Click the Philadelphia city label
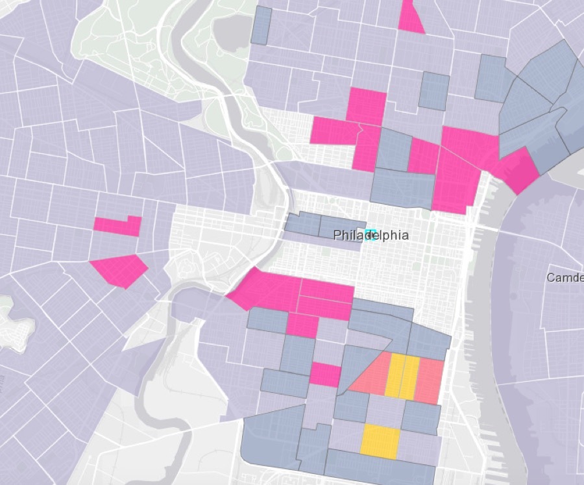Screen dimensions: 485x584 tap(371, 235)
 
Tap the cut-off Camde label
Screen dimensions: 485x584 tap(565, 278)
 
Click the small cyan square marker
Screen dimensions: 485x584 tap(371, 233)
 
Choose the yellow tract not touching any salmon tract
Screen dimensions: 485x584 tap(380, 441)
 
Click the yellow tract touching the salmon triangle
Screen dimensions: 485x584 tap(395, 376)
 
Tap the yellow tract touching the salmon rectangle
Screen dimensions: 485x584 tap(409, 377)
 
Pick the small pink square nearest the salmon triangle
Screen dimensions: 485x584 tap(325, 375)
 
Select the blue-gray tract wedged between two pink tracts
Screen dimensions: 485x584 tap(395, 149)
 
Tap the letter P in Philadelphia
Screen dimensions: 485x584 tap(337, 235)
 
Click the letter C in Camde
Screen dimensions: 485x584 tap(551, 278)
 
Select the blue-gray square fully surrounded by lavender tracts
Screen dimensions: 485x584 tap(434, 90)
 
